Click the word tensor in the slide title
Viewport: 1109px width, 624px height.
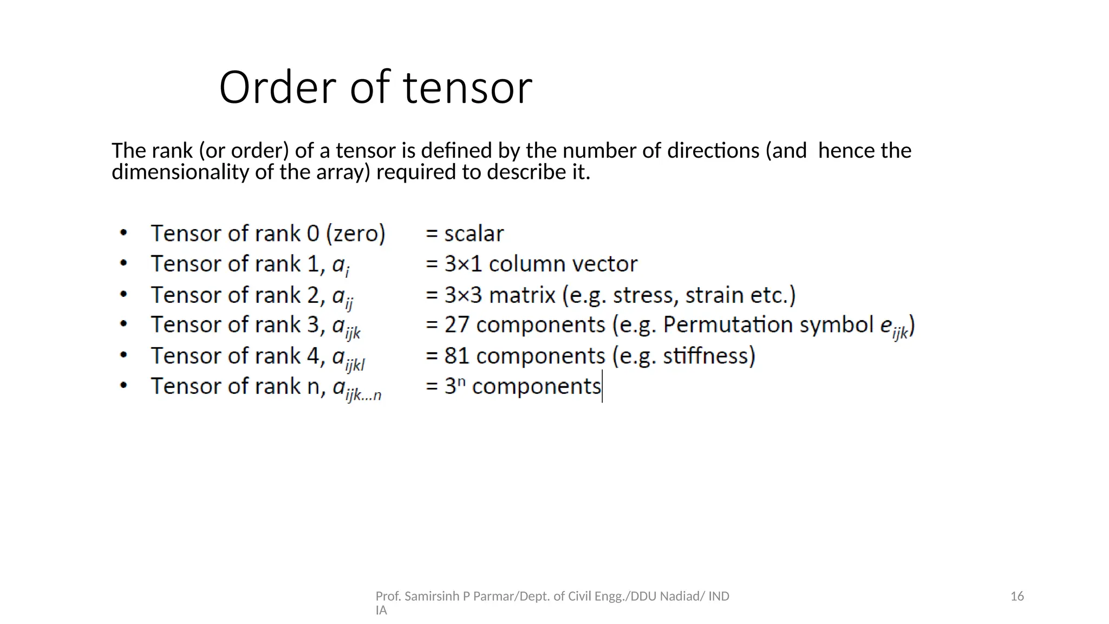468,87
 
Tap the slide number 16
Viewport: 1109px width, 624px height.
1017,596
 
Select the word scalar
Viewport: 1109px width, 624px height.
474,234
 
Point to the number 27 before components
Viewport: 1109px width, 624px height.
456,325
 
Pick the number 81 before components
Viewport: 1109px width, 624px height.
456,356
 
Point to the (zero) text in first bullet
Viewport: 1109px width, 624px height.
355,234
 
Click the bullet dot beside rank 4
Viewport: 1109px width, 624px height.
124,355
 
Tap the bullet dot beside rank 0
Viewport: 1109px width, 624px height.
124,233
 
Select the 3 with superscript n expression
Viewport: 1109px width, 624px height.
455,386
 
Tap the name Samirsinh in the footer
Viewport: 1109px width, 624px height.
432,596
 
